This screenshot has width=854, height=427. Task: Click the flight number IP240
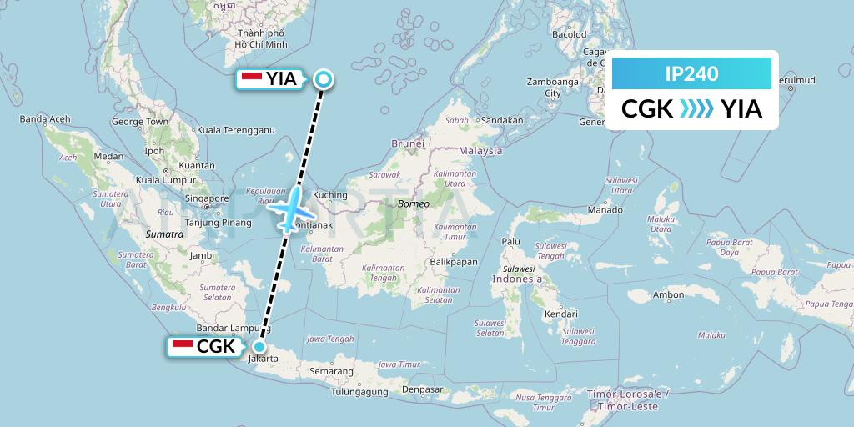(x=691, y=73)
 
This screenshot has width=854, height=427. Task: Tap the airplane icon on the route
(x=291, y=208)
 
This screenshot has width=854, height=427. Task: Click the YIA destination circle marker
(x=324, y=79)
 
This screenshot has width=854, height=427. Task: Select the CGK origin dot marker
(x=259, y=347)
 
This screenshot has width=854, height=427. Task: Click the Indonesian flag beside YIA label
(x=251, y=79)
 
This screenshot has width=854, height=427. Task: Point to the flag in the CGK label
(x=181, y=347)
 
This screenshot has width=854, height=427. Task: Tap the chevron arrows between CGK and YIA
(x=696, y=108)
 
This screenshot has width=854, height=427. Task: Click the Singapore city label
(x=207, y=198)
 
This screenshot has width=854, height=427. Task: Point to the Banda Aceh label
(x=44, y=119)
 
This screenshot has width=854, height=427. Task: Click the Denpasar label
(x=422, y=389)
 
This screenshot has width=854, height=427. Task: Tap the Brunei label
(x=409, y=143)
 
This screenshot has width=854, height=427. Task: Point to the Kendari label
(x=560, y=314)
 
